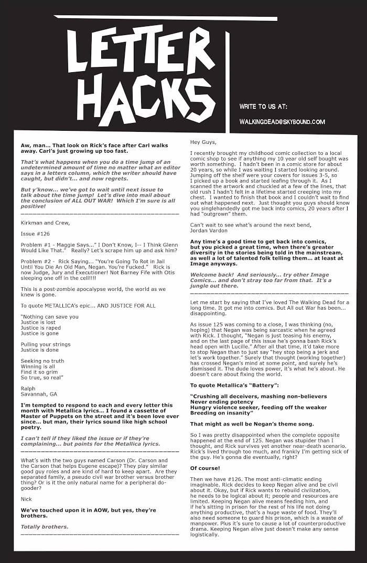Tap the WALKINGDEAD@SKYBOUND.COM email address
282,122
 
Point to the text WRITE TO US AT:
263,106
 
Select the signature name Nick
26,499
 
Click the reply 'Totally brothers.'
45,526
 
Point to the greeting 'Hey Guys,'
202,142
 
